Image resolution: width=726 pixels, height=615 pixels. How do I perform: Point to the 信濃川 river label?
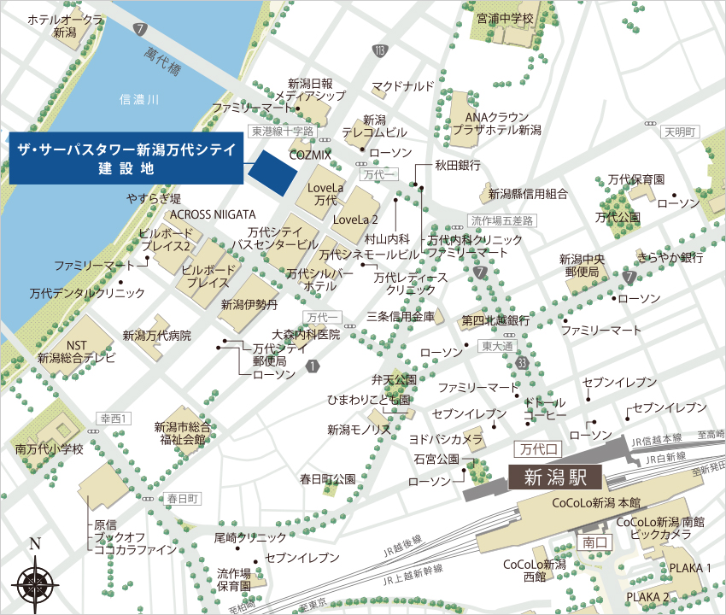[140, 101]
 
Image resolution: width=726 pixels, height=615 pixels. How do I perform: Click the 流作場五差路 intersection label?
[501, 220]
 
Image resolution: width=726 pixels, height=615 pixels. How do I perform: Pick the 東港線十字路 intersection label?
[282, 132]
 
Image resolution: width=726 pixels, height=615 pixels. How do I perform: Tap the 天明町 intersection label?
[681, 132]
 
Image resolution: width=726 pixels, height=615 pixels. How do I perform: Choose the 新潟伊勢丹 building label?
[249, 304]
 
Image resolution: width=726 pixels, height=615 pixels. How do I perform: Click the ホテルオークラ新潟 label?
[66, 25]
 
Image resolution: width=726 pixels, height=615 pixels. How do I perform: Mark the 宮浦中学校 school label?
[505, 18]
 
